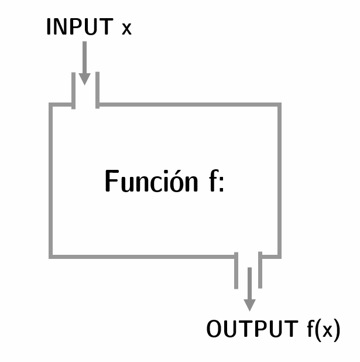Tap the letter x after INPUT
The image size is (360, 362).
tap(126, 29)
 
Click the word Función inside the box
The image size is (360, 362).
tap(152, 182)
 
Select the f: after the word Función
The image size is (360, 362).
tap(216, 182)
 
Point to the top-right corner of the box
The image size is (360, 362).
tap(279, 105)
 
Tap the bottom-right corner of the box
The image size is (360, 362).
tap(279, 255)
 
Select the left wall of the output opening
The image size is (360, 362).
tap(236, 270)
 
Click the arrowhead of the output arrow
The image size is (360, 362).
tap(249, 304)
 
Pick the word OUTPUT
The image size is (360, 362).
tap(252, 330)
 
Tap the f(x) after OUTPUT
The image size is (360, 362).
tap(323, 330)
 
